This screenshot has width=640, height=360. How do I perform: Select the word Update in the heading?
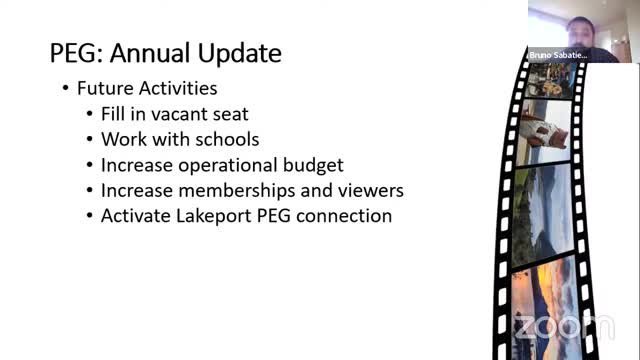click(240, 54)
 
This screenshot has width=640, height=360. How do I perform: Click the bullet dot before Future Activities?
click(65, 89)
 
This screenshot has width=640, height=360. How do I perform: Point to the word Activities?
click(178, 88)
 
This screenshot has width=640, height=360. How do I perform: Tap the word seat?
click(229, 114)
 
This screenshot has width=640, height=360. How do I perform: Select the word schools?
click(227, 139)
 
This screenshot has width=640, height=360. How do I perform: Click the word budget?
click(313, 166)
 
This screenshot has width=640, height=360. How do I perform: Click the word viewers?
click(371, 191)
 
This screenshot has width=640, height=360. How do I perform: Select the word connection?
click(344, 216)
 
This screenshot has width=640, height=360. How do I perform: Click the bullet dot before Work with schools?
click(90, 140)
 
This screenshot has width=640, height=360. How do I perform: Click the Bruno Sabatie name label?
click(558, 55)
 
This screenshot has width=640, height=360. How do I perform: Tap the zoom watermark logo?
click(564, 327)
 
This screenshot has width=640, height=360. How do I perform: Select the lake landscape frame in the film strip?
click(543, 215)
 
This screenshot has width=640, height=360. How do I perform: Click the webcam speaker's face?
click(581, 33)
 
